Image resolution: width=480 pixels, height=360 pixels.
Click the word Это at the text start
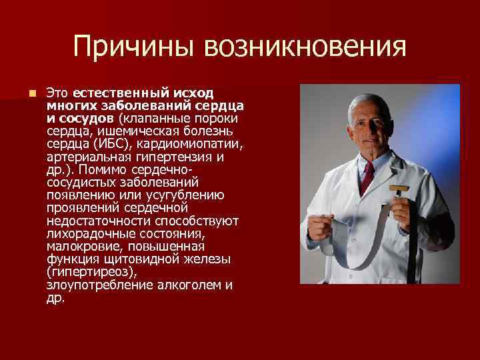[58, 92]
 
